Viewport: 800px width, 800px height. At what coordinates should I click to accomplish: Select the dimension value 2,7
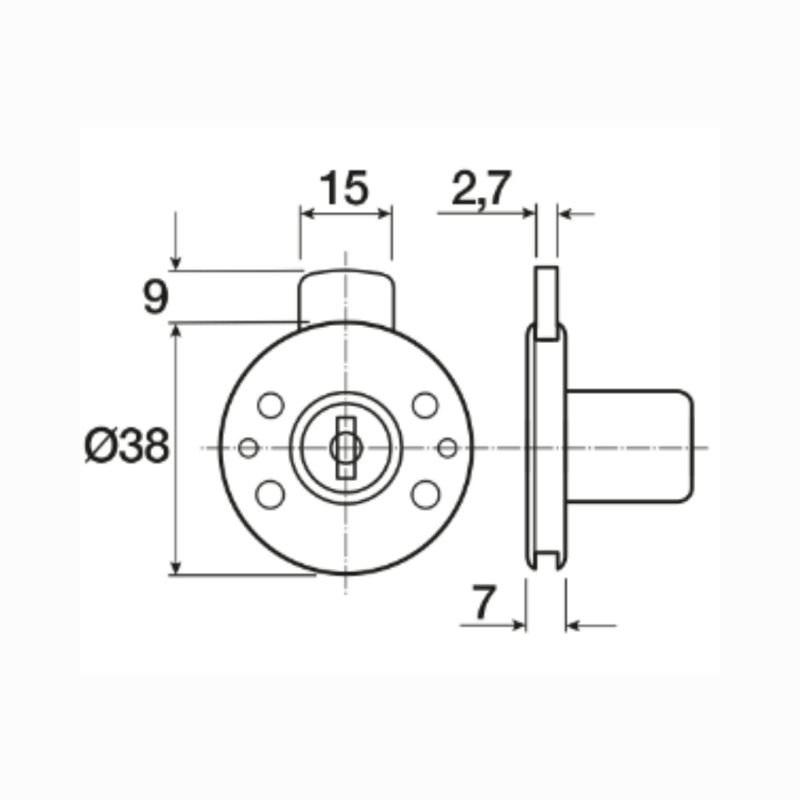481,189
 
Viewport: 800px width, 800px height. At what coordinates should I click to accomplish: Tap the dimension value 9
156,298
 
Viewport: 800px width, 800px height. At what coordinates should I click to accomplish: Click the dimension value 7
483,602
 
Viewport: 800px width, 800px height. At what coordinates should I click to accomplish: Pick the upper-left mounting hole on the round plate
270,405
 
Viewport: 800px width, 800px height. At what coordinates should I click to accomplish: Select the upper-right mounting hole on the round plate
425,405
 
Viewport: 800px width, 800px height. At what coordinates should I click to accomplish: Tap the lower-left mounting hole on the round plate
270,493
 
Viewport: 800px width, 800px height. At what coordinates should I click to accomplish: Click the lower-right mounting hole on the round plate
425,493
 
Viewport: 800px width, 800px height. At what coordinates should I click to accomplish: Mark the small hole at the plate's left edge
250,447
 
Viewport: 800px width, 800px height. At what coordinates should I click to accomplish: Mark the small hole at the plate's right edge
447,447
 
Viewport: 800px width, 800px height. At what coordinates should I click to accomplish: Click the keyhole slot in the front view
345,447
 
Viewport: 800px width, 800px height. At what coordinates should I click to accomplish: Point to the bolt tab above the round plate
346,298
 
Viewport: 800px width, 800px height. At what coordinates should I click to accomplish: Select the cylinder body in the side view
630,447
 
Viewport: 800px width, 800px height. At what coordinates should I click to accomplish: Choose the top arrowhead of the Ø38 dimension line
176,330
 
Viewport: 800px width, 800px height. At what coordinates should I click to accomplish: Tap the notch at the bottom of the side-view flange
547,564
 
